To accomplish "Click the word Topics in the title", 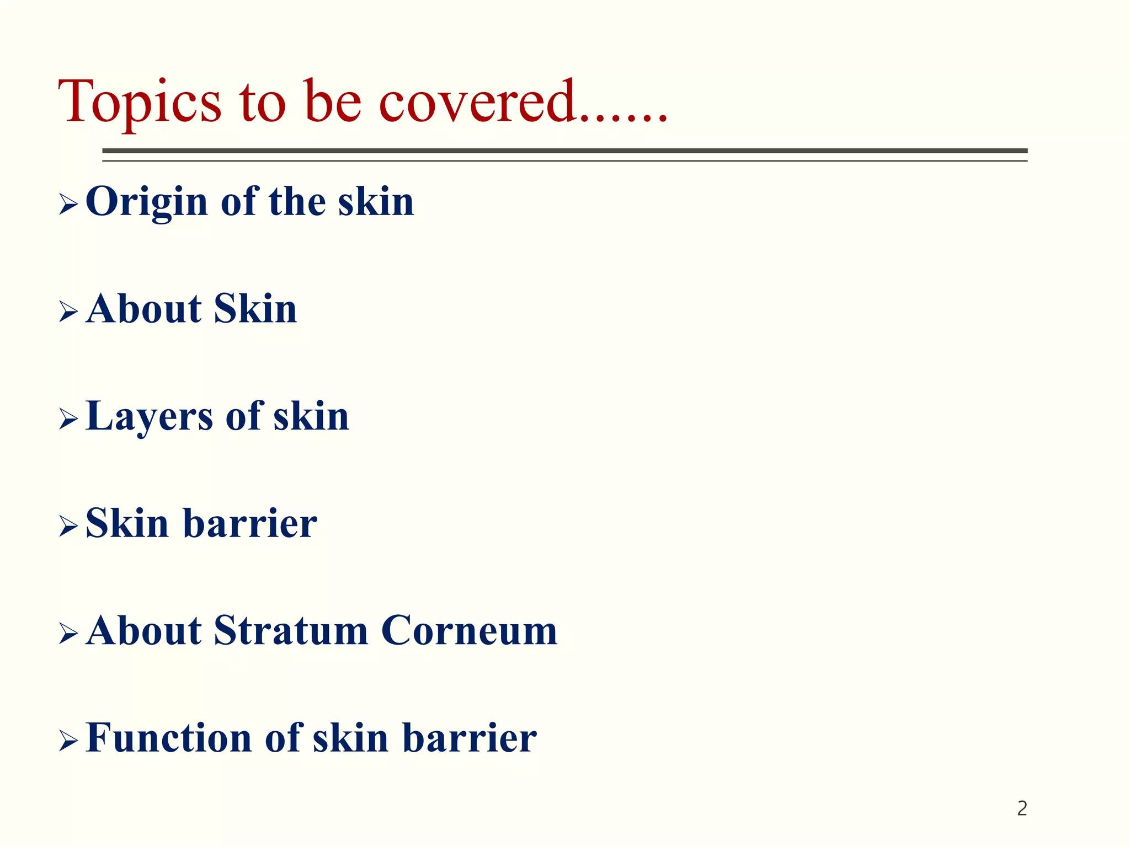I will (x=140, y=103).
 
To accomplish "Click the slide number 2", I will (x=1022, y=808).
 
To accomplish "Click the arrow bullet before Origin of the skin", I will (x=68, y=205).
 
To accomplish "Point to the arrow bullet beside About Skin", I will (x=68, y=312).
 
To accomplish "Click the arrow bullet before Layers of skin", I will (x=68, y=420).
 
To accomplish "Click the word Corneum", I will (x=469, y=630).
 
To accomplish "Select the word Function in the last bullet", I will (x=169, y=738).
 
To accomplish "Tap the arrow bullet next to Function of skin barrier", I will (x=68, y=741).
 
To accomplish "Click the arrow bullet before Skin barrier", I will (x=68, y=527).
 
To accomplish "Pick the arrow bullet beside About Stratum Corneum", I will (x=68, y=634).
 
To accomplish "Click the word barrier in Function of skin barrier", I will (x=469, y=738).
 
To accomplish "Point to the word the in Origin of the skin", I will (x=297, y=201).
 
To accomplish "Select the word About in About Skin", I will (x=144, y=309).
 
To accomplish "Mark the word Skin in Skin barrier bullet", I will (x=127, y=523).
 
